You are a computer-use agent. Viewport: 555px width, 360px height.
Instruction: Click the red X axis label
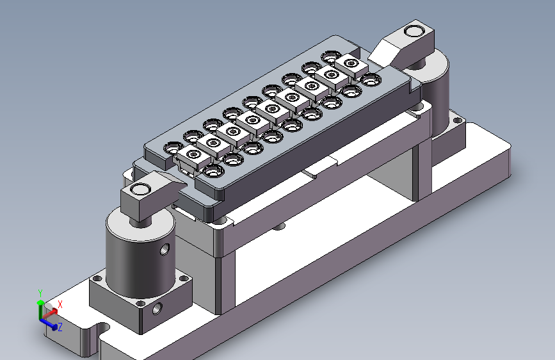tap(60, 304)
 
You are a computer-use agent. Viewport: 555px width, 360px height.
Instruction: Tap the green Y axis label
tap(40, 293)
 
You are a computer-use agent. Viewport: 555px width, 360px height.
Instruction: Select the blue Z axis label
tap(60, 327)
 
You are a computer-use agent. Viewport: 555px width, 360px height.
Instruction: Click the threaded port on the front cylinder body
tap(165, 249)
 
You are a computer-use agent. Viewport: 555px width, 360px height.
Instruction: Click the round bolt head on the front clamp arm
tap(141, 189)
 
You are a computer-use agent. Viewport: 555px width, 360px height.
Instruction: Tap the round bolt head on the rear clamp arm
tap(414, 31)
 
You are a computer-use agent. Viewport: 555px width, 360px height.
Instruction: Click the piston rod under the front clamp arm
tap(141, 222)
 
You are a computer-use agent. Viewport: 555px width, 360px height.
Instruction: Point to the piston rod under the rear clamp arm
tap(417, 64)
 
